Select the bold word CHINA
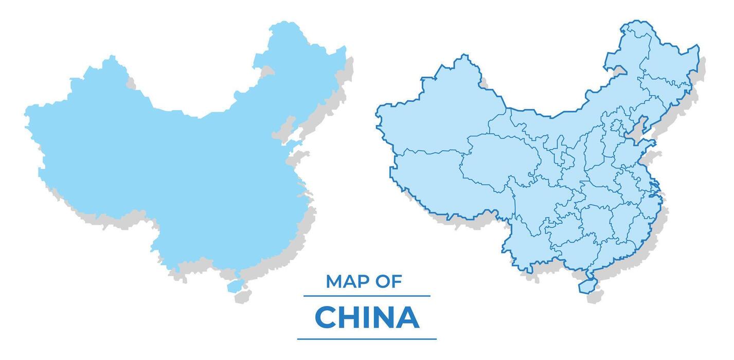(367, 317)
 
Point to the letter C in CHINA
(325, 317)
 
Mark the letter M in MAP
(334, 281)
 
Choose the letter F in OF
(397, 281)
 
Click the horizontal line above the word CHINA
(367, 296)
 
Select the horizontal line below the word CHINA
(367, 339)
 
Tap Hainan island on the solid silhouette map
(236, 285)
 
